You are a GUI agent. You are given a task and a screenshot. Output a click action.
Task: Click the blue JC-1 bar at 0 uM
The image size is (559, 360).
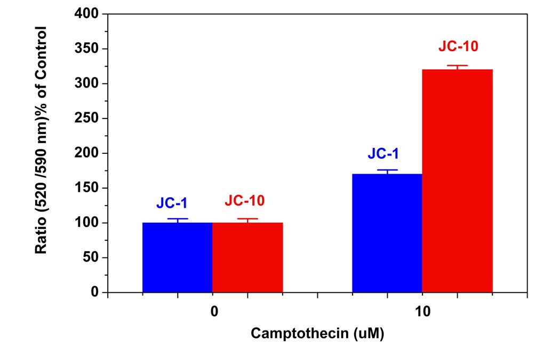click(x=177, y=257)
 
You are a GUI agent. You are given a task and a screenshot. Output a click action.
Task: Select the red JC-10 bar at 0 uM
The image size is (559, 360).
click(x=247, y=257)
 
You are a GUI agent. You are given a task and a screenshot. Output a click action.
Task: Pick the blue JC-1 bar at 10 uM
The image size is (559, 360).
click(x=387, y=233)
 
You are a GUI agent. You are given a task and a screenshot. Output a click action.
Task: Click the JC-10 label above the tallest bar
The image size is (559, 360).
click(x=458, y=46)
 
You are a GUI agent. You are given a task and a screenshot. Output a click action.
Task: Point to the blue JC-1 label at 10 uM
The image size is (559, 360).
click(x=383, y=154)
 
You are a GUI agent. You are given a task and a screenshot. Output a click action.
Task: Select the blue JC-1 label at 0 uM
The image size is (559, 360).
click(x=172, y=203)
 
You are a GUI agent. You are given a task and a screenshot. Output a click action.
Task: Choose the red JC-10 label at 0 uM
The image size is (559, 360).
click(x=244, y=201)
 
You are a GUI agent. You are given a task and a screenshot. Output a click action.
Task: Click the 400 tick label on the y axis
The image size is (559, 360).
click(x=88, y=14)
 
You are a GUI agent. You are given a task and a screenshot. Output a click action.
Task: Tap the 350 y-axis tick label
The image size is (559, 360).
click(x=88, y=49)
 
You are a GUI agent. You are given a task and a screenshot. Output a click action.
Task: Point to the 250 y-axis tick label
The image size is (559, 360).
click(x=88, y=119)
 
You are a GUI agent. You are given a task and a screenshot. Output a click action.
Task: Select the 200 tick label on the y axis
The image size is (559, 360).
click(x=88, y=153)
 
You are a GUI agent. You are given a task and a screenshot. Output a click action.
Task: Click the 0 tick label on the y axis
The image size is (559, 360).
click(x=95, y=292)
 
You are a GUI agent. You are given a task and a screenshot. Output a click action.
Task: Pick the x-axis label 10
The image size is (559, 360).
click(x=422, y=312)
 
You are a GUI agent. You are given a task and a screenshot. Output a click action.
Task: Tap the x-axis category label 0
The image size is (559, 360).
click(x=213, y=312)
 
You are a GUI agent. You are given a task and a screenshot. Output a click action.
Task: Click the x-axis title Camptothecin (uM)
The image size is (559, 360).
click(x=317, y=334)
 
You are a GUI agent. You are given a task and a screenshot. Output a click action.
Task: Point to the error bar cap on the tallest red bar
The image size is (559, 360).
click(x=457, y=66)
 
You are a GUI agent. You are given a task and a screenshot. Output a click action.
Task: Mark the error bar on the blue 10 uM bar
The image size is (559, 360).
click(x=387, y=170)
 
